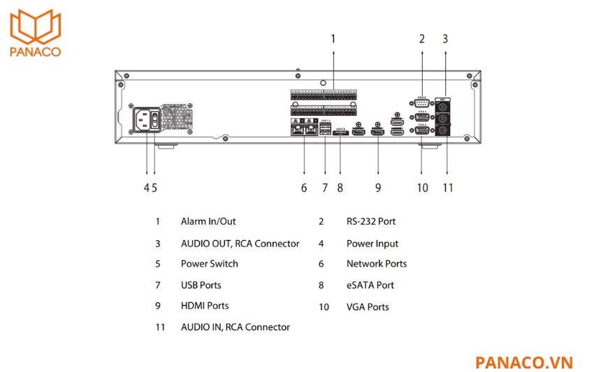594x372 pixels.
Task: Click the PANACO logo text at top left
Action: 35,51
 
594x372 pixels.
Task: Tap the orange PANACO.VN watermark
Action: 523,362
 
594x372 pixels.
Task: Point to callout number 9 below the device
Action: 378,187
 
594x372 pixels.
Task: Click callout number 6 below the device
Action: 304,187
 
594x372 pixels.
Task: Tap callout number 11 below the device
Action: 447,187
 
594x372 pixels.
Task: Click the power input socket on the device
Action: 145,122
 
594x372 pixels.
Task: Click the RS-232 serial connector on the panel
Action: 422,104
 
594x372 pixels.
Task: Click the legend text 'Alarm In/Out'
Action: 208,221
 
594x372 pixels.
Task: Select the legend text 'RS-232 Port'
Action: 371,221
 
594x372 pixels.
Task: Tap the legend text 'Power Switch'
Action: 209,264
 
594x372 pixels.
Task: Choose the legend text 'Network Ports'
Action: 377,264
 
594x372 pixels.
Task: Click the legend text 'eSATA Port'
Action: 370,285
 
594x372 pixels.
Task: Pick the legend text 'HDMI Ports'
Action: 205,306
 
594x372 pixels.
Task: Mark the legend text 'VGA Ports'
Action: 368,306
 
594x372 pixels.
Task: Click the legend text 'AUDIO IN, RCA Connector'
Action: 235,327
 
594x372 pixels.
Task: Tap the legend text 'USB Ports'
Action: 201,285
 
